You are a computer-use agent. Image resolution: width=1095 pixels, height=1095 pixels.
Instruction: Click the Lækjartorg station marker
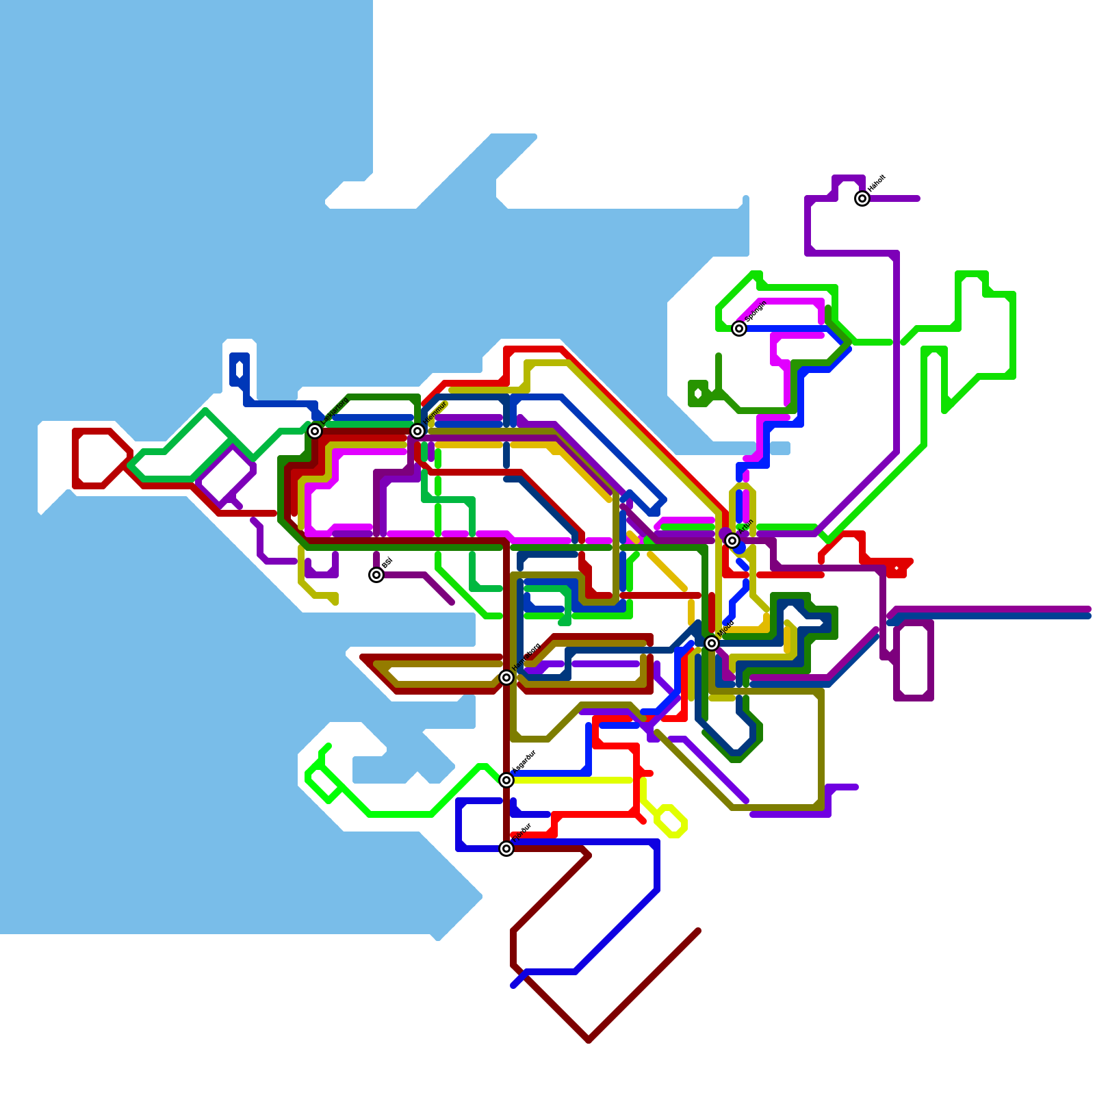[315, 430]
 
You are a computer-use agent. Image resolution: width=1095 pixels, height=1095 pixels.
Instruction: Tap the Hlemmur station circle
[417, 430]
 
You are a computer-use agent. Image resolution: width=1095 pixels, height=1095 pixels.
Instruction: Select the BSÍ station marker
[376, 575]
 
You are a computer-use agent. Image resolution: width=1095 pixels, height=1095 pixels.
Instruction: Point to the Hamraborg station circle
[506, 678]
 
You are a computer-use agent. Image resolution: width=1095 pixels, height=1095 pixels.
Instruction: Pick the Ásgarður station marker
[506, 780]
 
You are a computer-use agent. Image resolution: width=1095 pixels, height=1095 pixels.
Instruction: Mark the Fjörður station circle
[506, 849]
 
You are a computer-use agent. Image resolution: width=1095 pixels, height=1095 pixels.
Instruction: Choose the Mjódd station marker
[712, 643]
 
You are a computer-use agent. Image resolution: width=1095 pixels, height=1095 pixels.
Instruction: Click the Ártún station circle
[732, 541]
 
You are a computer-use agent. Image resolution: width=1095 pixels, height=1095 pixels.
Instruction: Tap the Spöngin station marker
[739, 328]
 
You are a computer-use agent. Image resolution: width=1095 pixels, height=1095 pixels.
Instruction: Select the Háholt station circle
[862, 198]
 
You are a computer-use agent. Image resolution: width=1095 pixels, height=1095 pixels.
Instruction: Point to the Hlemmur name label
[435, 413]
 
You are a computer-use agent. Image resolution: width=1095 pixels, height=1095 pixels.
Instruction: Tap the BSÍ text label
[387, 563]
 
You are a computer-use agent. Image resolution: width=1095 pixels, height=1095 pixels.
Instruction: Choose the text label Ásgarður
[524, 762]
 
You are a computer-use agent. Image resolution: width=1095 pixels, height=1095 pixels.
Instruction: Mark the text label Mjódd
[727, 628]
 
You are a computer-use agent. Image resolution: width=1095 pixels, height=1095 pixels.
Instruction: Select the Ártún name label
[746, 527]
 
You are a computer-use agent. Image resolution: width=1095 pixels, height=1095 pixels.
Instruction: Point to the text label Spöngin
[756, 312]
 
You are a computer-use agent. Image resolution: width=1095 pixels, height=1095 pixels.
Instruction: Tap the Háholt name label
[877, 183]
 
